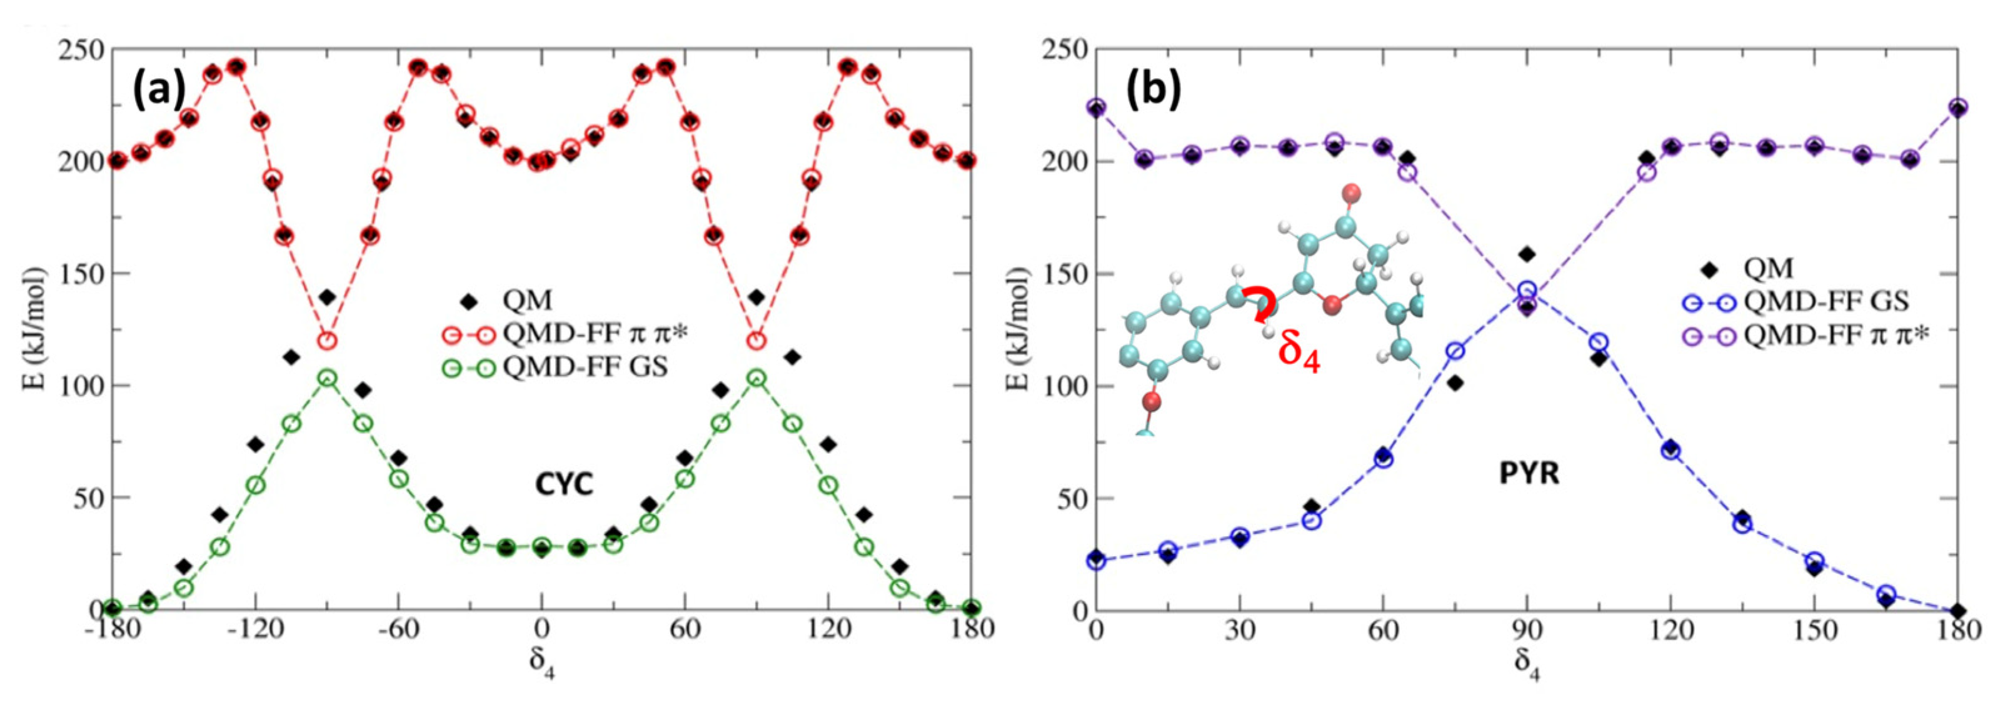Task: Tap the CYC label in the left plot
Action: coord(563,484)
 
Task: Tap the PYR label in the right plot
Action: coord(1529,473)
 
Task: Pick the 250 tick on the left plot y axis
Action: coord(81,50)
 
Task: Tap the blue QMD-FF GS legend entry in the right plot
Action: coord(1826,301)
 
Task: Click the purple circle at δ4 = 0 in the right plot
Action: coord(1097,107)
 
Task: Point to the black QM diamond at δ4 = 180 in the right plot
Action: coord(1957,611)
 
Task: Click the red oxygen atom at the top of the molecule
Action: coord(1352,192)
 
